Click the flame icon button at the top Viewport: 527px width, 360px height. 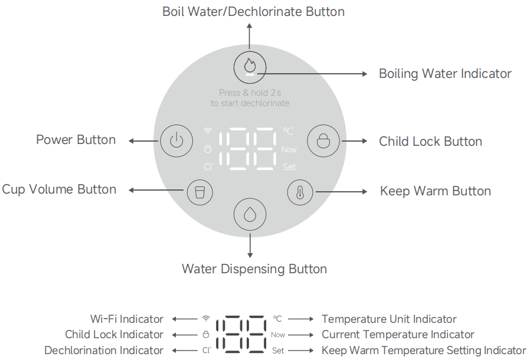250,66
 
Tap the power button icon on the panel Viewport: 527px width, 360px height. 175,140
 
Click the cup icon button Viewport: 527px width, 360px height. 199,192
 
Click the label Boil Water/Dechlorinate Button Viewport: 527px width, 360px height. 253,12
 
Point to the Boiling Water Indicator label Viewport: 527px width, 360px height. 445,74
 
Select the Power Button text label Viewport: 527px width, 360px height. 76,140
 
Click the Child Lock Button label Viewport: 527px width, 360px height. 430,142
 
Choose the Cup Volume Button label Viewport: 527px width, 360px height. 59,189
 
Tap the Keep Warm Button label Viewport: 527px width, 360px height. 435,191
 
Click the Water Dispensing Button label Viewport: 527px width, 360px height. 254,269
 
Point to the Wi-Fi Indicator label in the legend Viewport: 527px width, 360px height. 127,319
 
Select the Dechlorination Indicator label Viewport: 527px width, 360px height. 104,351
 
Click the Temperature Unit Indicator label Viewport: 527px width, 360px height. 389,319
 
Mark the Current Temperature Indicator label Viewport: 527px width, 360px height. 398,335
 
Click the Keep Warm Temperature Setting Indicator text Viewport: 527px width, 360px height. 423,351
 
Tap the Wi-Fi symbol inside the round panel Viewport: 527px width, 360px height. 208,131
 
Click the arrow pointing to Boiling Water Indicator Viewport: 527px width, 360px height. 313,74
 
